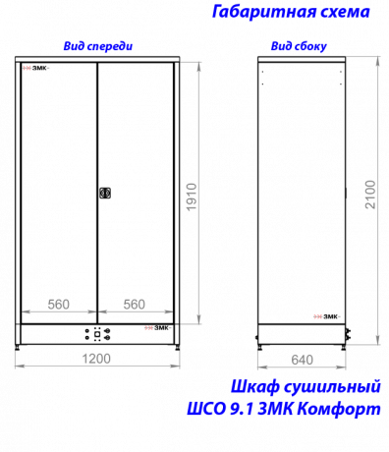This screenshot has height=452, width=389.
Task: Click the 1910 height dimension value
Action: pos(192,197)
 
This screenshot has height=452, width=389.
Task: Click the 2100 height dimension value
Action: pos(370,195)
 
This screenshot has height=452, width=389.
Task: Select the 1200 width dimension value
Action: pos(96,359)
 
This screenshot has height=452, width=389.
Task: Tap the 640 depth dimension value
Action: pos(302,360)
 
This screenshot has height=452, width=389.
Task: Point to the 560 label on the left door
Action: pos(59,305)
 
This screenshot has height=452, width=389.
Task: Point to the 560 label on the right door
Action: pos(135,305)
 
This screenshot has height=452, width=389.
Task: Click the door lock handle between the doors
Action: pos(105,193)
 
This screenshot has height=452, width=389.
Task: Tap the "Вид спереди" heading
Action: pos(98,46)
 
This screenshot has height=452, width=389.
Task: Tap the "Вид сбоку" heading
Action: pos(299,46)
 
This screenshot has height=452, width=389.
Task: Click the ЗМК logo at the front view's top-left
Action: pos(36,68)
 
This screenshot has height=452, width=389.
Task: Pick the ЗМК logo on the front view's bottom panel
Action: pos(158,328)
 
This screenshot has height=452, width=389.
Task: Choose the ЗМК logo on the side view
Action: pos(327,316)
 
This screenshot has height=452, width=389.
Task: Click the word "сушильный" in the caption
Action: pos(332,386)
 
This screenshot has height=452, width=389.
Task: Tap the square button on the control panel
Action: pos(97,334)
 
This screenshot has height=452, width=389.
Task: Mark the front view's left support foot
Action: pos(18,347)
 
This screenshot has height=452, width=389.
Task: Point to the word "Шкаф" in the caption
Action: pos(254,386)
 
